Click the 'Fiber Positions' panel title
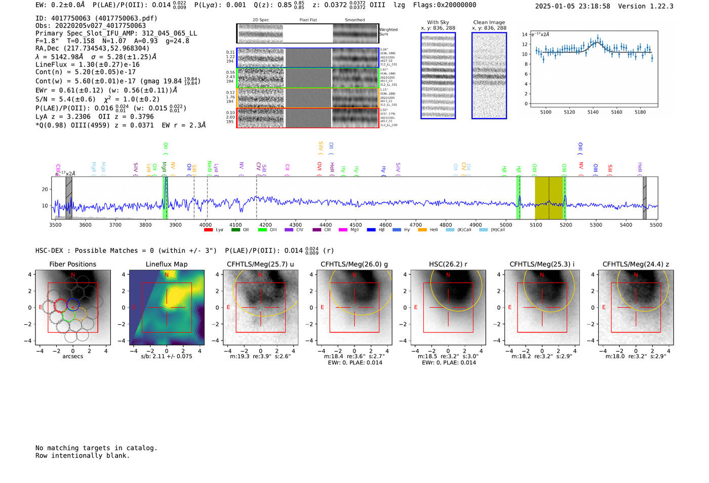point(72,264)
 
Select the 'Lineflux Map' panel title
point(166,264)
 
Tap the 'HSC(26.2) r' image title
point(448,264)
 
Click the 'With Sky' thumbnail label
point(438,22)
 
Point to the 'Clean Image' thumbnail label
point(489,22)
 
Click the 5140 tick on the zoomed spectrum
point(593,112)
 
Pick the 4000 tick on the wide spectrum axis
point(205,225)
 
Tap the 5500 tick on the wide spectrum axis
point(656,225)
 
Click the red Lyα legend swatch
point(208,230)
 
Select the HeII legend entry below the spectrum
point(429,230)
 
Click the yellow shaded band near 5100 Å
point(549,198)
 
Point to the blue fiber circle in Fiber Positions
point(72,304)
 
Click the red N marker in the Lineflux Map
point(167,275)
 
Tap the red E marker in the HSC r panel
point(416,308)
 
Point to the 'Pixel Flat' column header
point(308,20)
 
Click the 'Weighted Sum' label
point(388,32)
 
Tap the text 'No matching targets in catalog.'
point(96,448)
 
